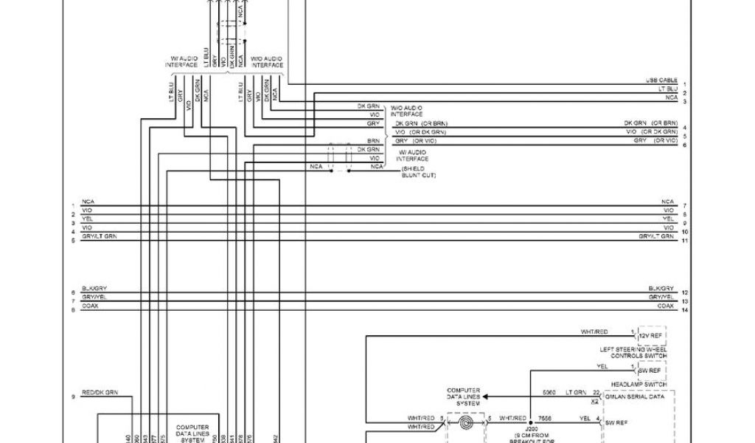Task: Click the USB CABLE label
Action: tap(661, 80)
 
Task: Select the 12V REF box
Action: tap(651, 336)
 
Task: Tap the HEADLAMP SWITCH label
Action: tap(639, 385)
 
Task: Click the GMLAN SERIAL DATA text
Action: tap(634, 396)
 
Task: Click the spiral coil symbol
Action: tap(467, 423)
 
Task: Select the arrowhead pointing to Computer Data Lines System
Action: tap(485, 396)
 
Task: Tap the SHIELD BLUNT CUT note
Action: tap(418, 171)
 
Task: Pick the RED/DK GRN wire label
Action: tap(100, 392)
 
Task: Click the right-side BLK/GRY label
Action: tap(661, 288)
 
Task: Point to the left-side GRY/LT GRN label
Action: tap(100, 236)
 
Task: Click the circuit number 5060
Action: tap(549, 392)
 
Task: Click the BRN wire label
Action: tap(374, 140)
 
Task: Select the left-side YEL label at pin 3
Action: tap(87, 219)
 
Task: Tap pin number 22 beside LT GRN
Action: tap(596, 392)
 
